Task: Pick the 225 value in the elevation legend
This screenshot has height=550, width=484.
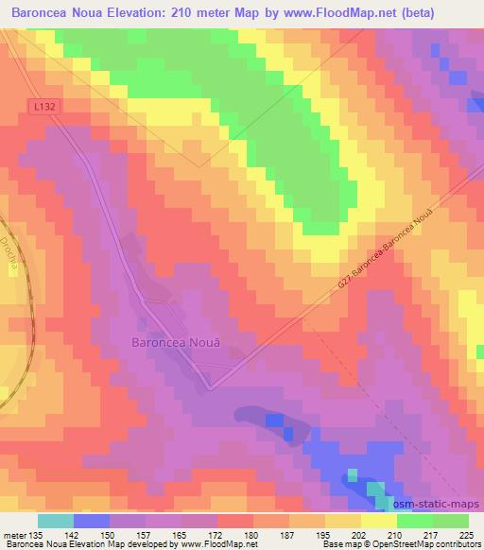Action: pos(468,535)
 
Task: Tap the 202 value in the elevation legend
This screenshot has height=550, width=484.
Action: pos(360,535)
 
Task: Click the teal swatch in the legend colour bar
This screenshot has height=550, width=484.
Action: pos(56,521)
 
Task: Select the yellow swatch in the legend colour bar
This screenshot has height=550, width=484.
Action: pos(378,521)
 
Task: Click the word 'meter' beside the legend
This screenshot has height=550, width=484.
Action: pos(12,535)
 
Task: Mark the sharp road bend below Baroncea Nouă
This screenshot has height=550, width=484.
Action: pos(209,387)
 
